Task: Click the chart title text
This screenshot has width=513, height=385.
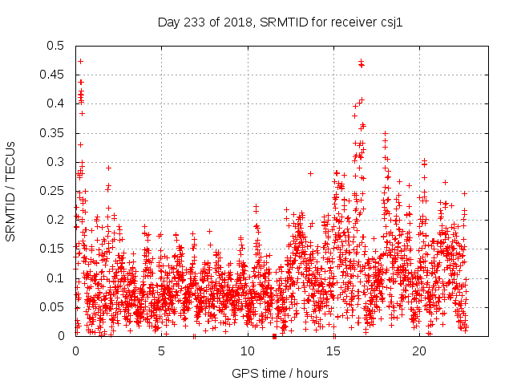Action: click(x=278, y=22)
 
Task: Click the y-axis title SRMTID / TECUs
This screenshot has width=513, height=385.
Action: click(x=10, y=191)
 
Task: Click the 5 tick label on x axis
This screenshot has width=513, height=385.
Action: click(x=161, y=351)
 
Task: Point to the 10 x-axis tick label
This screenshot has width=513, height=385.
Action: click(x=248, y=351)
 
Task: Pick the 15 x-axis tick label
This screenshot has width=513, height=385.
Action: click(x=333, y=351)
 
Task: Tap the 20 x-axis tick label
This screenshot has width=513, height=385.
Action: click(x=419, y=351)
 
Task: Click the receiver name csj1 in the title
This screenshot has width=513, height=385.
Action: click(x=390, y=22)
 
